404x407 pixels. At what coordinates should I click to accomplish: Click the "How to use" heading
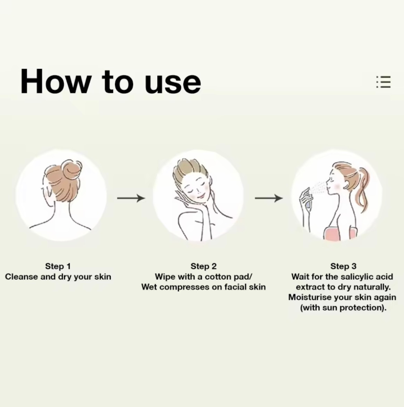[x=111, y=81]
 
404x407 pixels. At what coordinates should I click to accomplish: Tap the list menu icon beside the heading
[x=383, y=82]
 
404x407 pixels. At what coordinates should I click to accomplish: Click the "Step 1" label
[x=58, y=266]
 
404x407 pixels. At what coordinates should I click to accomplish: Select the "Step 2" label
[x=204, y=266]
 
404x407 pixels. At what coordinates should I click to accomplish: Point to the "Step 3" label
[x=343, y=266]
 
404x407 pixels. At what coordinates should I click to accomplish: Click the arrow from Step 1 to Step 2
[x=131, y=198]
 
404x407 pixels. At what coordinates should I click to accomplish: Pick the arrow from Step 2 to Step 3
[x=269, y=198]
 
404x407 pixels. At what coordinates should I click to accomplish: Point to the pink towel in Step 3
[x=340, y=234]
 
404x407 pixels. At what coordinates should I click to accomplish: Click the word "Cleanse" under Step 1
[x=21, y=277]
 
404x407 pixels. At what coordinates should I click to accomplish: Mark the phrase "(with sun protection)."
[x=343, y=308]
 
